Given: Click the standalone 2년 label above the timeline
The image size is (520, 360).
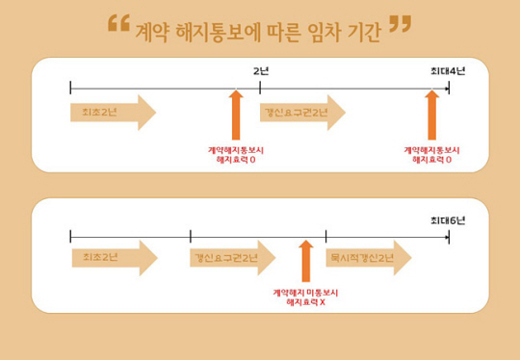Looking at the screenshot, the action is coord(260,71).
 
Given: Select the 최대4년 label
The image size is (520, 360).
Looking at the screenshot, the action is coord(448,71).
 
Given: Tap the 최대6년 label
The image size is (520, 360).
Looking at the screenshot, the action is coord(448,219).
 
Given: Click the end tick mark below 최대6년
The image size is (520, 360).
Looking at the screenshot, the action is coord(449,236).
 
